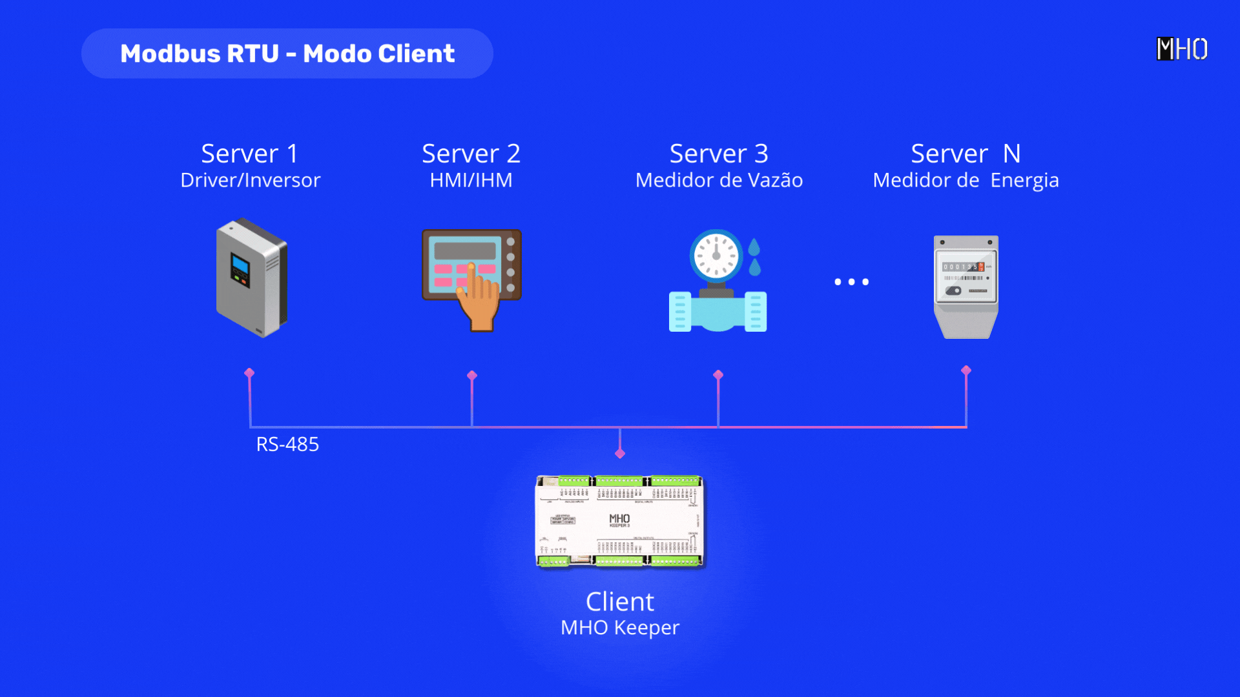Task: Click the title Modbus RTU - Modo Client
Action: (x=287, y=54)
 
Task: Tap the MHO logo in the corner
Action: (x=1181, y=49)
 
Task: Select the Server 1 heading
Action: (x=249, y=154)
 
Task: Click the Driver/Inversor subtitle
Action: (x=250, y=180)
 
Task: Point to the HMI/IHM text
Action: (x=471, y=180)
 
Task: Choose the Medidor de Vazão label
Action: (x=719, y=180)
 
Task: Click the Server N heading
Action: (x=966, y=154)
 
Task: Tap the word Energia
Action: (x=1024, y=181)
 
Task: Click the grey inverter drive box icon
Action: (x=252, y=278)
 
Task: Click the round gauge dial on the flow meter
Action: (x=716, y=256)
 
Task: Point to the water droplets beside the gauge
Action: (x=754, y=257)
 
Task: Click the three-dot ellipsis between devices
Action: (x=851, y=282)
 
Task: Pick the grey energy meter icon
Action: (x=966, y=287)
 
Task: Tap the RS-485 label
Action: (x=287, y=444)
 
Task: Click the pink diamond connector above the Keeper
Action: (x=620, y=454)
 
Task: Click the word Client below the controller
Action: (x=620, y=601)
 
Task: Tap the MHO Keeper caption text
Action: (x=620, y=627)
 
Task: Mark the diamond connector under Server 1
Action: (x=249, y=373)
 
